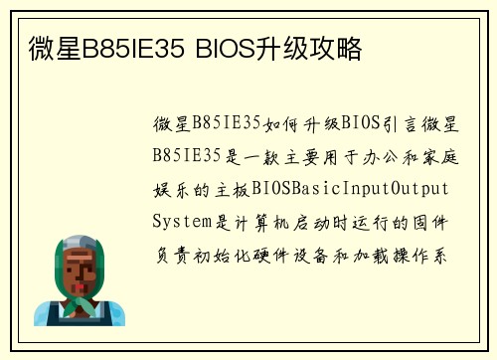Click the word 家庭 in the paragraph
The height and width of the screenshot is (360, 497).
pos(442,157)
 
